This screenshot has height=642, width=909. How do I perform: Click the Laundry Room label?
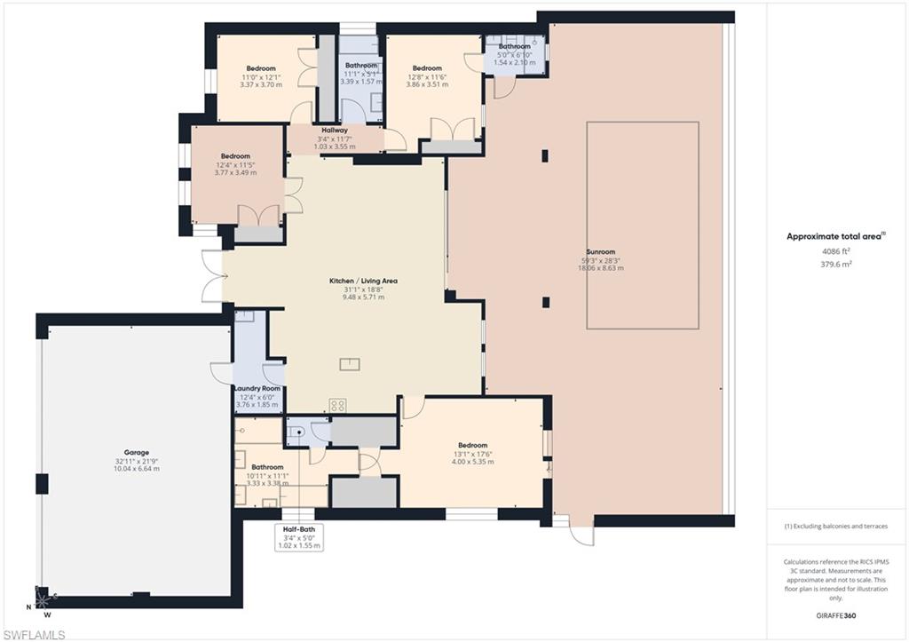coord(257,388)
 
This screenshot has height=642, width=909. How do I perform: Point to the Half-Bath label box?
coord(298,536)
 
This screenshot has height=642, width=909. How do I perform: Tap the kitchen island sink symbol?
coord(349,362)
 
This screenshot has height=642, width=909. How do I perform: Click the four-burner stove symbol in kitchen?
coord(337,404)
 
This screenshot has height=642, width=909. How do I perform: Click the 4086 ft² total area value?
coord(837,251)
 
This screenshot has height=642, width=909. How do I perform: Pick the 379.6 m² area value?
coord(837,263)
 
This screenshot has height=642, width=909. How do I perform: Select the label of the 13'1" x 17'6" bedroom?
coord(472,445)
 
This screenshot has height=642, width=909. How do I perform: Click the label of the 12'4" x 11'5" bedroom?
coord(235,156)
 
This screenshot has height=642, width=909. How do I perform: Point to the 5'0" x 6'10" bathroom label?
coord(514,46)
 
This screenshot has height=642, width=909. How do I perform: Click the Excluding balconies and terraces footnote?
coord(835,526)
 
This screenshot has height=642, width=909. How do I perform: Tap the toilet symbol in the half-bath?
coord(297,433)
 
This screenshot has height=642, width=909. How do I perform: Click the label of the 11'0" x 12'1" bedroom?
coord(261,68)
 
